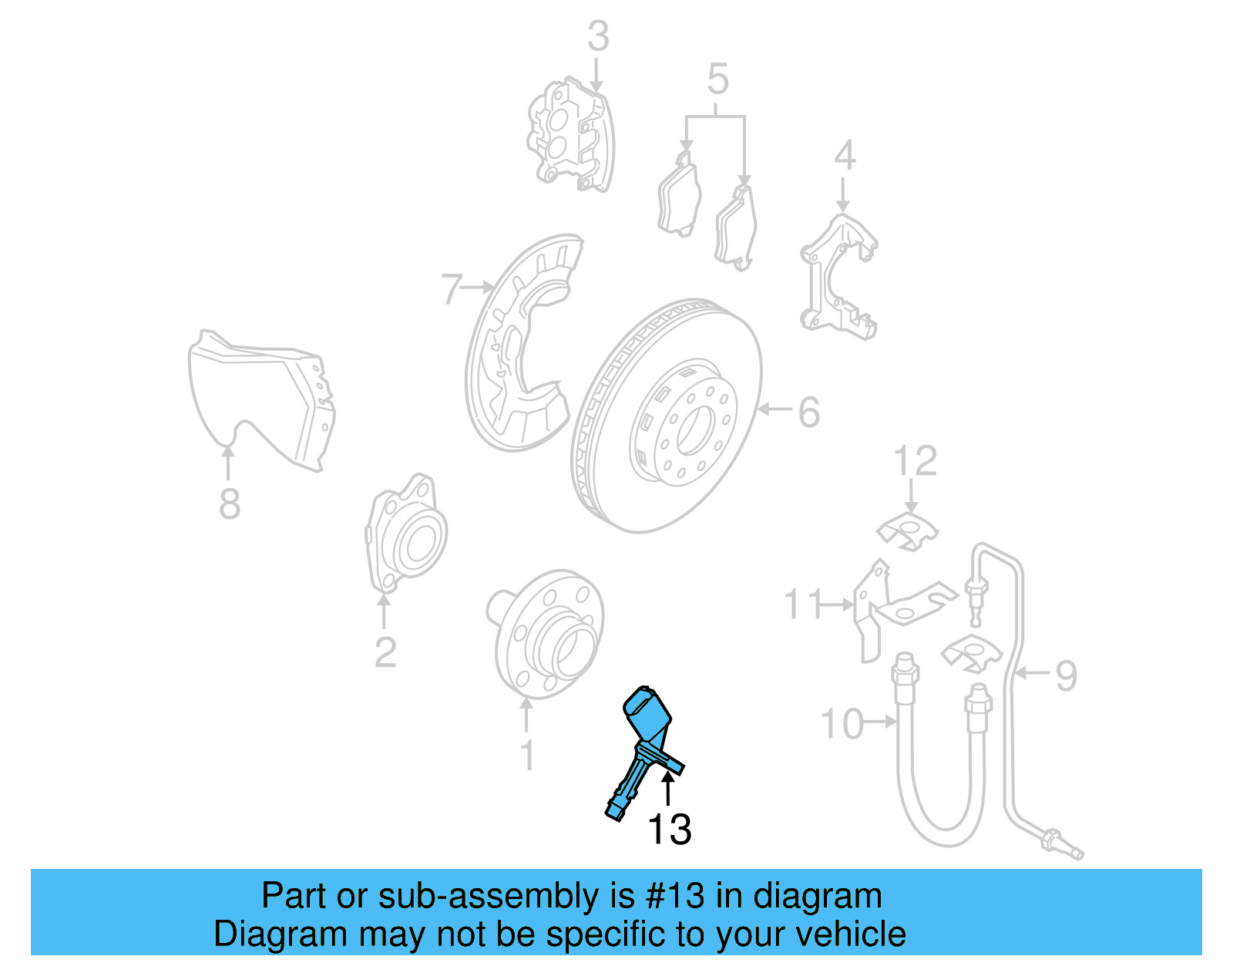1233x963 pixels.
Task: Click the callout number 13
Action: (669, 830)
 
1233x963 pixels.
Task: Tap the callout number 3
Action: (598, 36)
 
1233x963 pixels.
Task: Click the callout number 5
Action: (717, 79)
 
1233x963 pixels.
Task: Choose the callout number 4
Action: (845, 156)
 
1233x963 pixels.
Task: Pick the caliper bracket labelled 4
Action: (838, 278)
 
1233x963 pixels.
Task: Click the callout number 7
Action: (452, 289)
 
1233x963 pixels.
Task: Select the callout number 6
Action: (808, 412)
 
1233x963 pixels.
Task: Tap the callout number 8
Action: (230, 503)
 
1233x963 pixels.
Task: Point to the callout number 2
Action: (385, 653)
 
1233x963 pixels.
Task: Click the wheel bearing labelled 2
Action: (407, 536)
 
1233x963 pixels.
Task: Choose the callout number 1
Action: (527, 756)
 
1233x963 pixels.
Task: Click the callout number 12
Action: (915, 462)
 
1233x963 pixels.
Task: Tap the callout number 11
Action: (803, 604)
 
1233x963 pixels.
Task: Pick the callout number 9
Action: (1066, 675)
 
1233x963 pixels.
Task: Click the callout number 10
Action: (842, 725)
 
